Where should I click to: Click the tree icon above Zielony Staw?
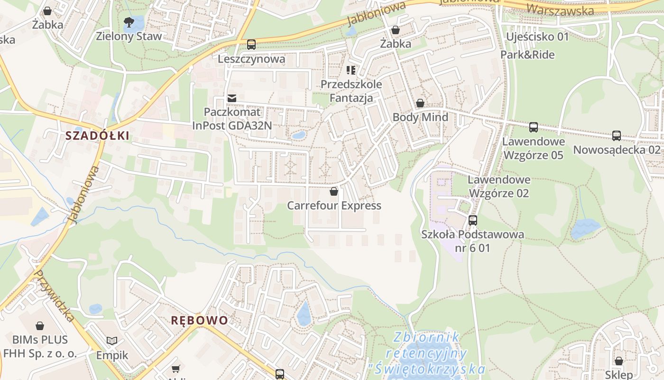point(129,21)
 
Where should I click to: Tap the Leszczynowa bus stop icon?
point(251,45)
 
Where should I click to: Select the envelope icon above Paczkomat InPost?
point(232,98)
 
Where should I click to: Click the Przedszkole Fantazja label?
point(351,91)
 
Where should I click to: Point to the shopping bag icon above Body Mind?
point(420,103)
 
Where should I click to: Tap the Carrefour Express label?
point(334,206)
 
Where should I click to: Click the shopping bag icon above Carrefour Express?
point(334,191)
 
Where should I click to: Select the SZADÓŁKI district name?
point(97,136)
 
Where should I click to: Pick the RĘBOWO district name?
point(200,320)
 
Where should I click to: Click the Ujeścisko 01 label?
point(537,37)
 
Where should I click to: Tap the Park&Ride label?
point(527,55)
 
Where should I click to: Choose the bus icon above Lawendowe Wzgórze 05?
point(534,127)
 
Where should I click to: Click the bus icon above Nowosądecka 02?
point(617,136)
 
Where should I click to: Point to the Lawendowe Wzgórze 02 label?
point(499,187)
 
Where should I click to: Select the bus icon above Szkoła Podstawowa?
point(473,220)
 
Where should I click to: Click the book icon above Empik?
point(112,341)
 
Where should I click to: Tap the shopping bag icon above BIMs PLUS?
point(40,326)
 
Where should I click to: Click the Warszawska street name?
point(560,9)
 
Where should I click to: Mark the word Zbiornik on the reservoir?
point(427,338)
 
